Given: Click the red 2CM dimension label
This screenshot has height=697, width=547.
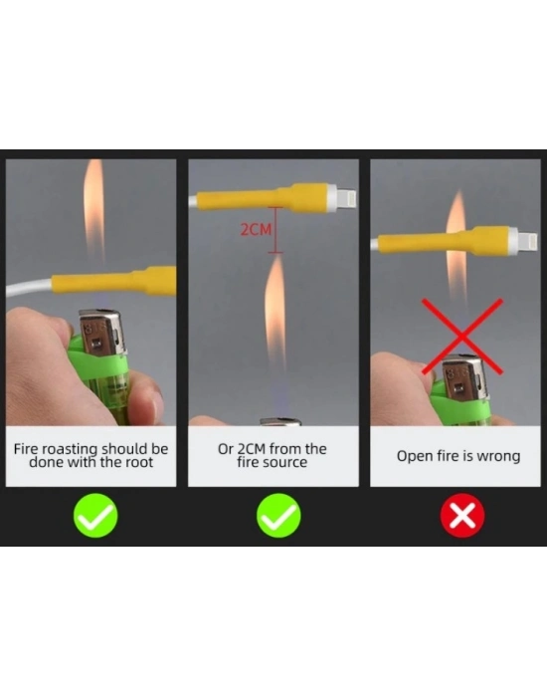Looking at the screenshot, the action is point(256,229).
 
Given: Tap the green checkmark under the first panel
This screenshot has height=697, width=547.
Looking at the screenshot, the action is point(95,516).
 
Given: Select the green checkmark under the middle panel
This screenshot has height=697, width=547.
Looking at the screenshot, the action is point(278,516).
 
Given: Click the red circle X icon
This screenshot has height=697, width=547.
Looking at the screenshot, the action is point(462,516).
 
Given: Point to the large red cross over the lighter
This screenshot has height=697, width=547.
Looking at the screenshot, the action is point(462,337).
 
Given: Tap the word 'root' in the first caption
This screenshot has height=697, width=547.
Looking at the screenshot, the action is point(138,462).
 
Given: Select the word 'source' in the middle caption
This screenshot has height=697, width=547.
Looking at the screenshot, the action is point(284,462).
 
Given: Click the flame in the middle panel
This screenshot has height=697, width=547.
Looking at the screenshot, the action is point(275,311).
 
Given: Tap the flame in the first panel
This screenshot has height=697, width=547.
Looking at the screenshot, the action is point(93,209).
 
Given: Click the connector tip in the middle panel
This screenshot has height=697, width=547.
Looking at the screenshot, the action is point(346,198).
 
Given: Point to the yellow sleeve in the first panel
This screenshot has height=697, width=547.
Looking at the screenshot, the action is point(114,281).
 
